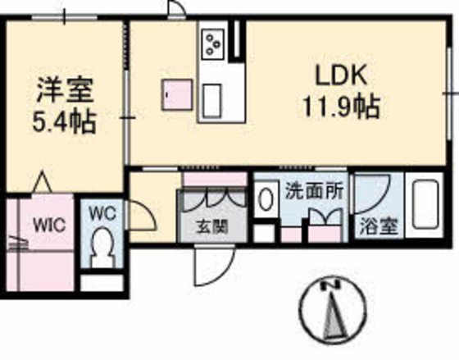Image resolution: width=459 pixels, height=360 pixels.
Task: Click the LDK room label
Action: (x=343, y=75)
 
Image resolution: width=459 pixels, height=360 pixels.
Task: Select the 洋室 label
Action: (x=64, y=89)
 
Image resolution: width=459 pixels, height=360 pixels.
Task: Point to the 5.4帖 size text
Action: (x=63, y=123)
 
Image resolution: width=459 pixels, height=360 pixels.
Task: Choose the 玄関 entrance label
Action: (x=211, y=227)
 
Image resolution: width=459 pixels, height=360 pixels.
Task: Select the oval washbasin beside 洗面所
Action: (x=265, y=199)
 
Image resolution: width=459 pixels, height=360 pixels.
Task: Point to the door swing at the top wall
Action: (x=175, y=11)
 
